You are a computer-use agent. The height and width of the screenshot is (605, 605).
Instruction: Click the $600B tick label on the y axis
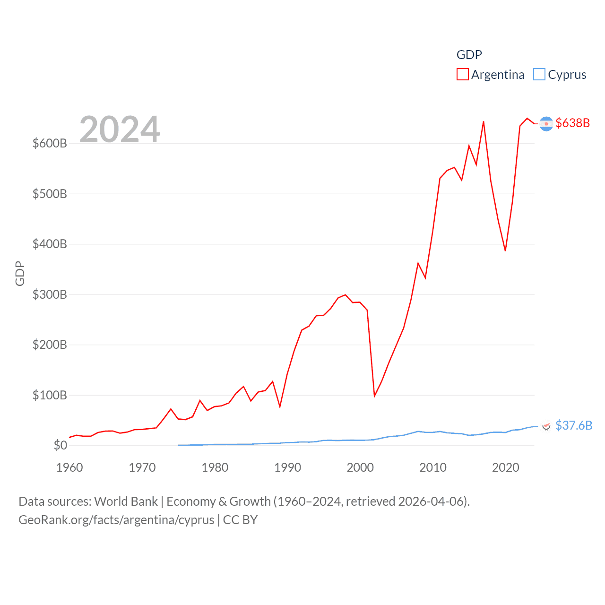(49, 143)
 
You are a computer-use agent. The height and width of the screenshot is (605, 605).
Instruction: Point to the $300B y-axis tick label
(49, 294)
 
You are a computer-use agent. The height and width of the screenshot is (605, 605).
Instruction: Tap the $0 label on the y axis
(60, 445)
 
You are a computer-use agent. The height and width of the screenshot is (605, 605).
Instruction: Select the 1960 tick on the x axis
(69, 467)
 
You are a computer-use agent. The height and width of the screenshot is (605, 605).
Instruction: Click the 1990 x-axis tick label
(287, 467)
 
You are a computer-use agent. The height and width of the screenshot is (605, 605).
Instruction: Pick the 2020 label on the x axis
(505, 467)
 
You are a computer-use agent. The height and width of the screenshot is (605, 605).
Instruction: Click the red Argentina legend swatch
(462, 74)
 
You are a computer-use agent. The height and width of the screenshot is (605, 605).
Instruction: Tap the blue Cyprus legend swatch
(539, 74)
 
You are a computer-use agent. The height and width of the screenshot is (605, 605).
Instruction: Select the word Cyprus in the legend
(567, 75)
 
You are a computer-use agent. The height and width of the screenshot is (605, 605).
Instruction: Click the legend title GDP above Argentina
(469, 55)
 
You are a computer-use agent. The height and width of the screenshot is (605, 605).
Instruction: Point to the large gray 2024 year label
(120, 130)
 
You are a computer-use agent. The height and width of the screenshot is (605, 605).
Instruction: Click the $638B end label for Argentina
(572, 123)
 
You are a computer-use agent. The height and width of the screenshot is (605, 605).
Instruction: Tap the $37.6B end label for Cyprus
(573, 425)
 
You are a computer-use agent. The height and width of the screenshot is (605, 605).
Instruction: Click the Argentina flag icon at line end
(546, 123)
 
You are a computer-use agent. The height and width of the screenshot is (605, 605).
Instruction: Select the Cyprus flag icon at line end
(546, 426)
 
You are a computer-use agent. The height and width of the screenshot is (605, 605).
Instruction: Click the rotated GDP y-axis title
(20, 273)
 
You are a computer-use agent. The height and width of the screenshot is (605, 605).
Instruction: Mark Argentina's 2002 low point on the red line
(374, 396)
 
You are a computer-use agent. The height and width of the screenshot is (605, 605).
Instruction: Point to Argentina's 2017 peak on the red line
(483, 122)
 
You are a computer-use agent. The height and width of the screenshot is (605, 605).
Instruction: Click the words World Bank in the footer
(126, 501)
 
